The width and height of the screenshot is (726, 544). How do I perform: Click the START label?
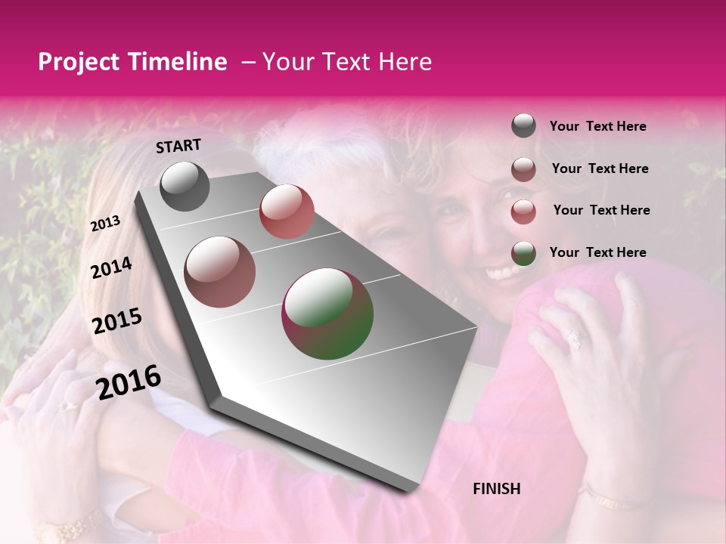point(178,146)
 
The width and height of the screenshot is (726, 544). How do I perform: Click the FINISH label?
point(497,489)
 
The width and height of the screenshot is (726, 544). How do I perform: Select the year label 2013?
point(106,224)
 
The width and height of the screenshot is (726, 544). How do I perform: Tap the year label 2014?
point(112,268)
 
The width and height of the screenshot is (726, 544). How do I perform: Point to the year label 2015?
point(117,321)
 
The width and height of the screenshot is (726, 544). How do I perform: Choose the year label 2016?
point(129,382)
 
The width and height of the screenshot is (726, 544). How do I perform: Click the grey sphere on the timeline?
point(185,186)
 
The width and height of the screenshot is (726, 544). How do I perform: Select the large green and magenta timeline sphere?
point(327,314)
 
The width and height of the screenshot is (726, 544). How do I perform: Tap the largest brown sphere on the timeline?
point(220,272)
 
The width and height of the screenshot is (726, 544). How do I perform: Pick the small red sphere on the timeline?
point(287,212)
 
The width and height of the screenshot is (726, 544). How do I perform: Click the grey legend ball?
point(523,126)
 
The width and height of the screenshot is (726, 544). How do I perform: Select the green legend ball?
point(523,252)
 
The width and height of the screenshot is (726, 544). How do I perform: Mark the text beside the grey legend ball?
point(597,126)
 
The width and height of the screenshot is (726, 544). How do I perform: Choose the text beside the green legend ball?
point(597,252)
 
